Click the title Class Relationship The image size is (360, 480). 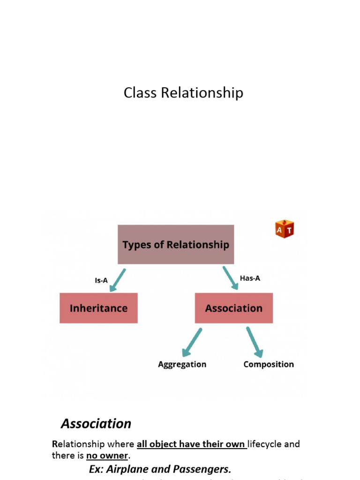pos(183,93)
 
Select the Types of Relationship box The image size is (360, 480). pos(176,244)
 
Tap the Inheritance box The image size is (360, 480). pos(98,308)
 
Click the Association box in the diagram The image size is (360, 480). pos(233,308)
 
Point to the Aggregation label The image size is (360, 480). pos(182,364)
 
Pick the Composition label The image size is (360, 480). pos(269,364)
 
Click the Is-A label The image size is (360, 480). pos(101,280)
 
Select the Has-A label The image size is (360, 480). pos(250,278)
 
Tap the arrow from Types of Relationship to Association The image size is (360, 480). pos(230,278)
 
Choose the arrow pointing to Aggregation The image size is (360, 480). pos(192,342)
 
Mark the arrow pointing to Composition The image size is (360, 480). pos(255,342)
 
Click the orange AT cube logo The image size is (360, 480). pos(285,229)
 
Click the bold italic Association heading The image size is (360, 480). pos(96,424)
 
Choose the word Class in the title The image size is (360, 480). pos(141,93)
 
